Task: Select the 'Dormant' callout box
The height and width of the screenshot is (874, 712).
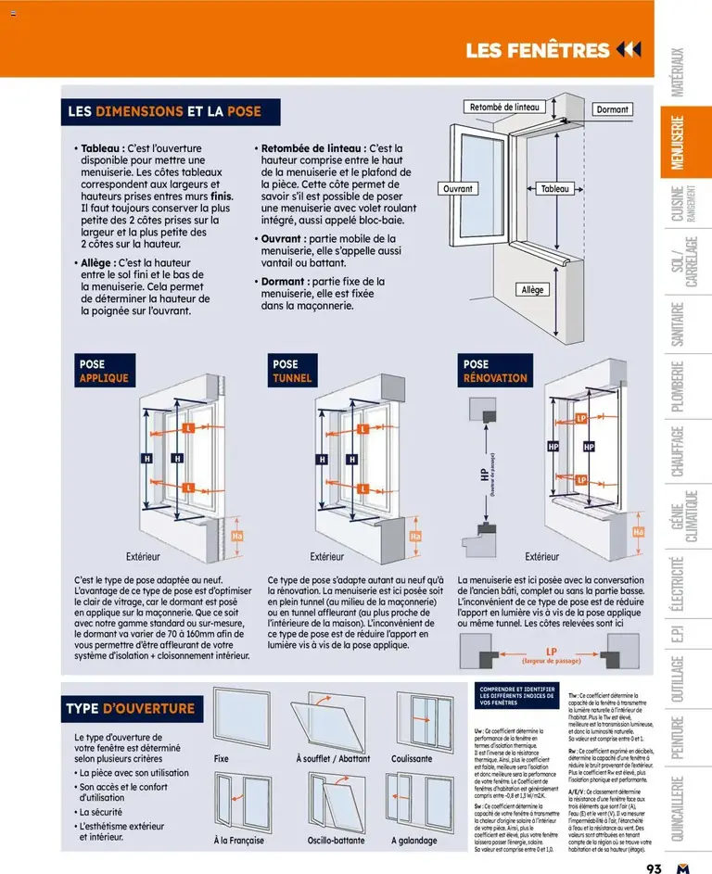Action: [x=612, y=109]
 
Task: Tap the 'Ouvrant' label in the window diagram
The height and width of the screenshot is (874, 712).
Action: [x=458, y=189]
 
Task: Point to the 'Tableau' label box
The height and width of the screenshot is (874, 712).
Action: [x=555, y=189]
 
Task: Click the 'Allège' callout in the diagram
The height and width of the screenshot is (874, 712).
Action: [x=533, y=290]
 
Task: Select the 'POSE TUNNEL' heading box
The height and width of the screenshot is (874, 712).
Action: [x=292, y=371]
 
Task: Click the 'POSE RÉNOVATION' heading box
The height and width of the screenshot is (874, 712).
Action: [x=495, y=371]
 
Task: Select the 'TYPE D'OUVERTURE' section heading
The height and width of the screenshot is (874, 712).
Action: [x=130, y=709]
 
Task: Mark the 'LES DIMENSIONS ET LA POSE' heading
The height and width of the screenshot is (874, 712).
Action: [x=164, y=111]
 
